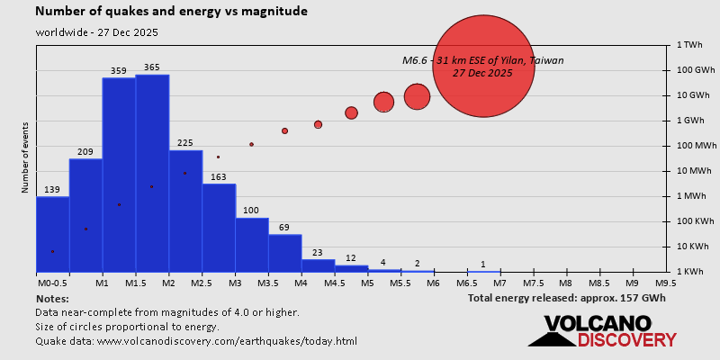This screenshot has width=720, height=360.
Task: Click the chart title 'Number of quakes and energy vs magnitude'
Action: [171, 12]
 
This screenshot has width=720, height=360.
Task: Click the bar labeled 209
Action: [85, 215]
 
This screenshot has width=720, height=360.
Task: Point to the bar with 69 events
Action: [285, 253]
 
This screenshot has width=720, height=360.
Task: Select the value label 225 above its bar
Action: [185, 143]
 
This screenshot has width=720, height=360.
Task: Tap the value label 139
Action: [52, 190]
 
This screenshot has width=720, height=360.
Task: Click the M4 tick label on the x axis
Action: [301, 283]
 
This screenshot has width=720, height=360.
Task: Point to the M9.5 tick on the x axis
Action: [666, 283]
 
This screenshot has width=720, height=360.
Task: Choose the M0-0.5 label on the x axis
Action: [51, 283]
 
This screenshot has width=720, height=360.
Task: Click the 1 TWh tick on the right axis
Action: [690, 44]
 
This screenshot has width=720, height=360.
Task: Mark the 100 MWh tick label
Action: [697, 146]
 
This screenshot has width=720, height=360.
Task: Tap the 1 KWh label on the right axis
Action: [691, 272]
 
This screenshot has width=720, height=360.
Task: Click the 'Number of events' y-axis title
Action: [26, 158]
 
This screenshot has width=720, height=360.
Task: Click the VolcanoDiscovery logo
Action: [603, 330]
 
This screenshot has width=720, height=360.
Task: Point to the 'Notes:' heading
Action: [52, 298]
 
